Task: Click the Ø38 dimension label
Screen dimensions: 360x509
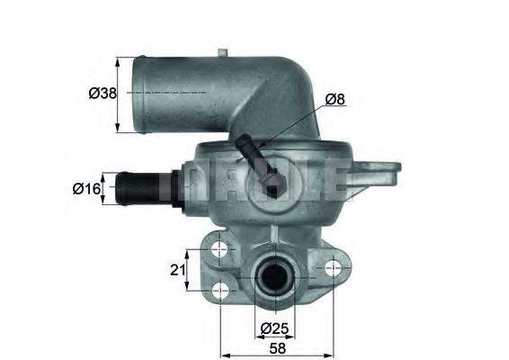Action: [x=100, y=93]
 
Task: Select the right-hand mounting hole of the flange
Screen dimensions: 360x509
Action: [x=335, y=267]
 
